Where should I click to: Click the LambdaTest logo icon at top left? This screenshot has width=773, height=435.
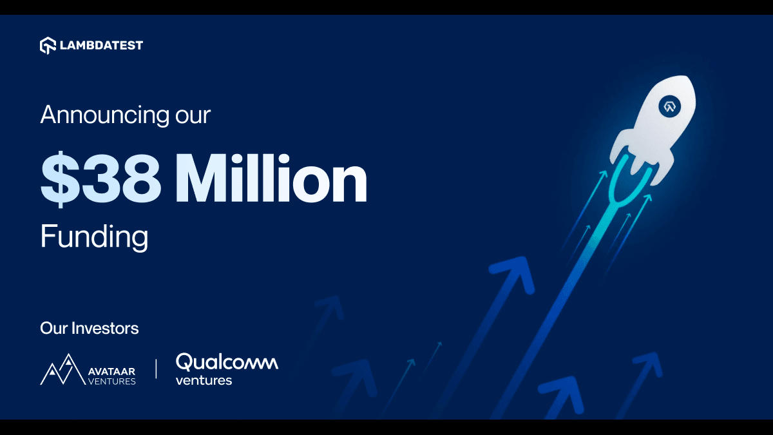coord(48,46)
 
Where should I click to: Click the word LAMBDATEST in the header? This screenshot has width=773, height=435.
coord(102,46)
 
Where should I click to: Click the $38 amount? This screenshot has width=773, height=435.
coord(100,179)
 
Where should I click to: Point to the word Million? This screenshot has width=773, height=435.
coord(271,179)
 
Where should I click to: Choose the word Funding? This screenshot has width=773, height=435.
coord(94,237)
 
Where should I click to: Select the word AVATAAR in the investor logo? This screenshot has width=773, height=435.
coord(110,371)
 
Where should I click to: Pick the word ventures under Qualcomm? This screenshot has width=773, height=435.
coord(204,380)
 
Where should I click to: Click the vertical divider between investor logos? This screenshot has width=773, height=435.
coord(156,369)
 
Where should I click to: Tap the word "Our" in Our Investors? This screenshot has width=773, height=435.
coord(53,328)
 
